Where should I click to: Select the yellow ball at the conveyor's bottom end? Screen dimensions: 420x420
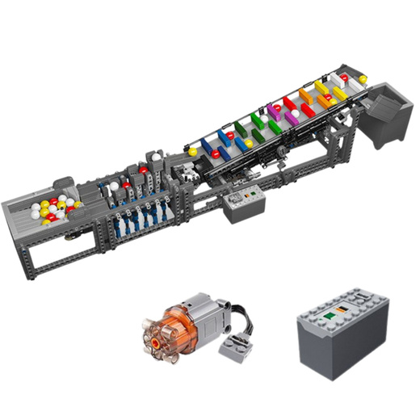[192, 151]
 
